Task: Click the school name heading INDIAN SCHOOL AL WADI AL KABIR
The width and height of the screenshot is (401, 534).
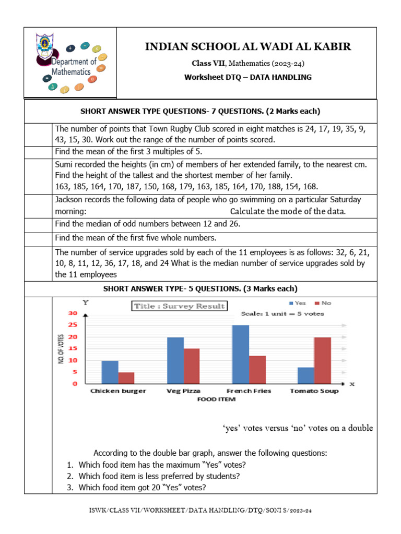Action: (247, 47)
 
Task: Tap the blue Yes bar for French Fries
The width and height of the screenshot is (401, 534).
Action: (241, 355)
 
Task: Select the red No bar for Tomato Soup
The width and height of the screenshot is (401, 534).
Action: (323, 360)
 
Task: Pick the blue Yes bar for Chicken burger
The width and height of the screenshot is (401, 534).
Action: (110, 372)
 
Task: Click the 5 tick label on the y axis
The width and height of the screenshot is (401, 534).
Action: (75, 372)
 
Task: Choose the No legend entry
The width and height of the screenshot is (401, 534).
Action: (323, 303)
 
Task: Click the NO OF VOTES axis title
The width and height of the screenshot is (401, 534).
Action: (61, 349)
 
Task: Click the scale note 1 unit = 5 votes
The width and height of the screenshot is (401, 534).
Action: (282, 314)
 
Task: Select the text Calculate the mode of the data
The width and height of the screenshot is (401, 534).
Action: (288, 211)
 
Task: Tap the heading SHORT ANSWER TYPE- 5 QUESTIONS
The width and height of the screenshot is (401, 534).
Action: (200, 288)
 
